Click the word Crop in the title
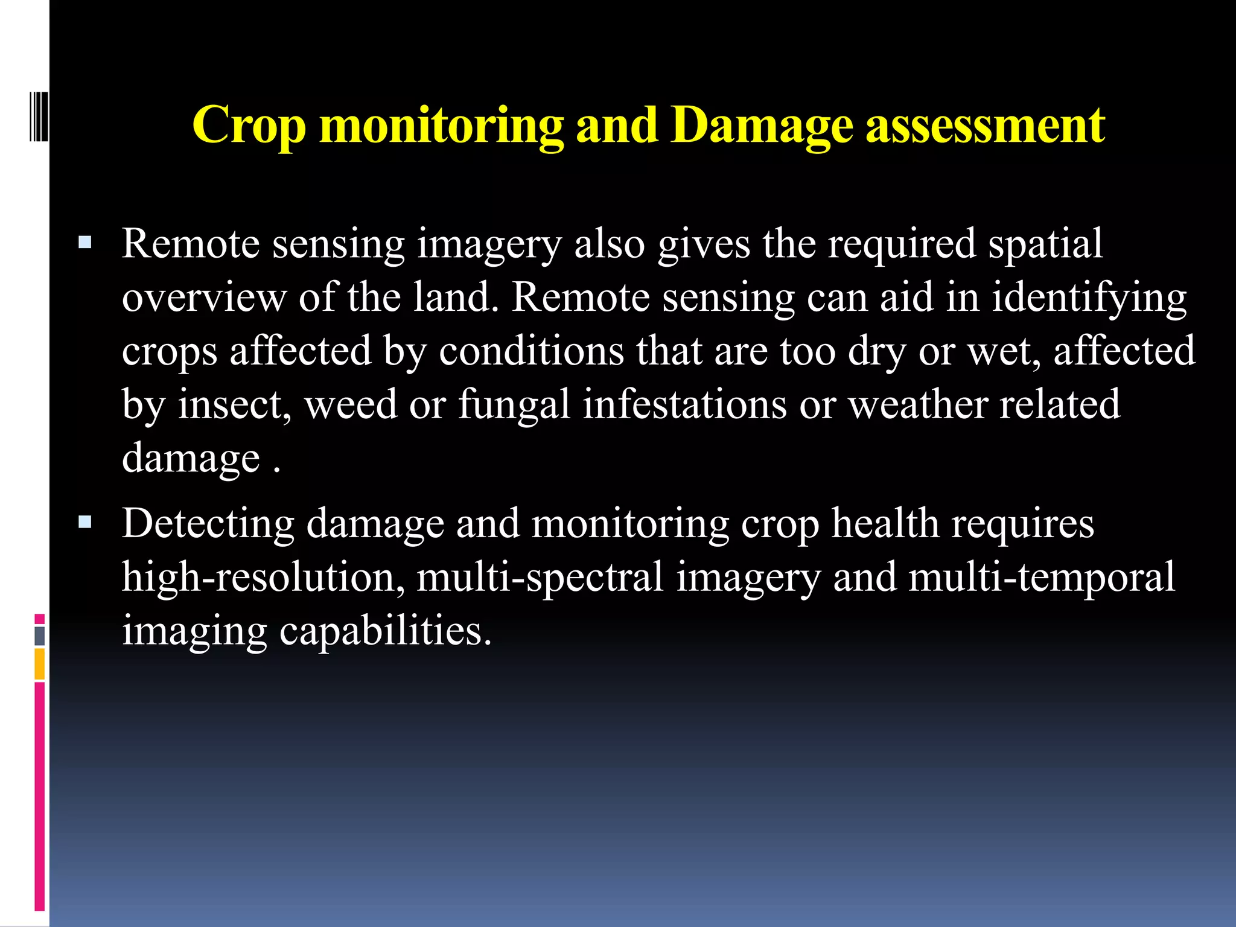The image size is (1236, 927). pos(249,126)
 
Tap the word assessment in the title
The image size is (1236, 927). pos(985,126)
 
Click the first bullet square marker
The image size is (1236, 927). pos(84,243)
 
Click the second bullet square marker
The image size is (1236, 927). pos(84,522)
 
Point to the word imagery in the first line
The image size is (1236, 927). pos(489,244)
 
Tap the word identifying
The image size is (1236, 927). pos(1089,298)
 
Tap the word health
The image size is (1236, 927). pos(885,523)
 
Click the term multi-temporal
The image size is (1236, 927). pos(1042,577)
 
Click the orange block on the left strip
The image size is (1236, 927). pos(39,663)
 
